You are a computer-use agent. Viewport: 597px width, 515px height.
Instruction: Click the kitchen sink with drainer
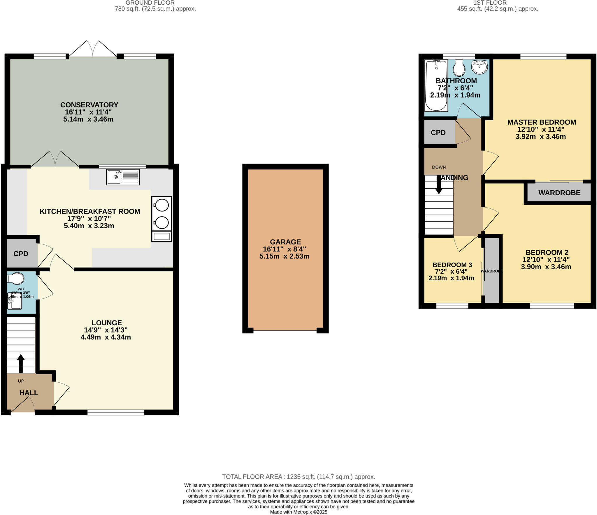[x=123, y=177]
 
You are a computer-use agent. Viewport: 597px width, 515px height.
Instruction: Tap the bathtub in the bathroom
[x=436, y=86]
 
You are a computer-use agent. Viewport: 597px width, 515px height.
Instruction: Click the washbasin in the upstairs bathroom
[x=480, y=67]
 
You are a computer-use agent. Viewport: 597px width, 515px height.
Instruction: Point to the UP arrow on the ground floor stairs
[x=21, y=363]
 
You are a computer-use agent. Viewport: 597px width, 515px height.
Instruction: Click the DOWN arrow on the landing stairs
[x=439, y=185]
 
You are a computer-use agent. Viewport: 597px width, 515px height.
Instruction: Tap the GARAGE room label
[x=285, y=242]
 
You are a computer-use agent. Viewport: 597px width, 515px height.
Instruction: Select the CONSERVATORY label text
[x=89, y=105]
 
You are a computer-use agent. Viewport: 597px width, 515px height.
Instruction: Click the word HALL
[x=29, y=393]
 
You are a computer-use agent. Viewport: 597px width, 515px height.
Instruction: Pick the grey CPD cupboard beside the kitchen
[x=21, y=254]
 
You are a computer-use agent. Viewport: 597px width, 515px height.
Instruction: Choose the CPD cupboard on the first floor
[x=438, y=133]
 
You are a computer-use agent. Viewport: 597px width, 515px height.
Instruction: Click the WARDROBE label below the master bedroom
[x=559, y=193]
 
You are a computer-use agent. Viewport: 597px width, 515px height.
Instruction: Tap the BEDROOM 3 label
[x=452, y=265]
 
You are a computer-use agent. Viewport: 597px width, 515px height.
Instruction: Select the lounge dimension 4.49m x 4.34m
[x=106, y=337]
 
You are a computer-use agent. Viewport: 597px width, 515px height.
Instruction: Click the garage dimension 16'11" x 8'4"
[x=284, y=249]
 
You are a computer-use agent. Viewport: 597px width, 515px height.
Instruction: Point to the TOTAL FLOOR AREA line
[x=298, y=477]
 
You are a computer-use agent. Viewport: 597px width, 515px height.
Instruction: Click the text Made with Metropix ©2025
[x=298, y=512]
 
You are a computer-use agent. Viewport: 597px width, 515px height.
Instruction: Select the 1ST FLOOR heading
[x=489, y=3]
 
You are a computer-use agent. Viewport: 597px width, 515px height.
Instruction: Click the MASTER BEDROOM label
[x=541, y=122]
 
